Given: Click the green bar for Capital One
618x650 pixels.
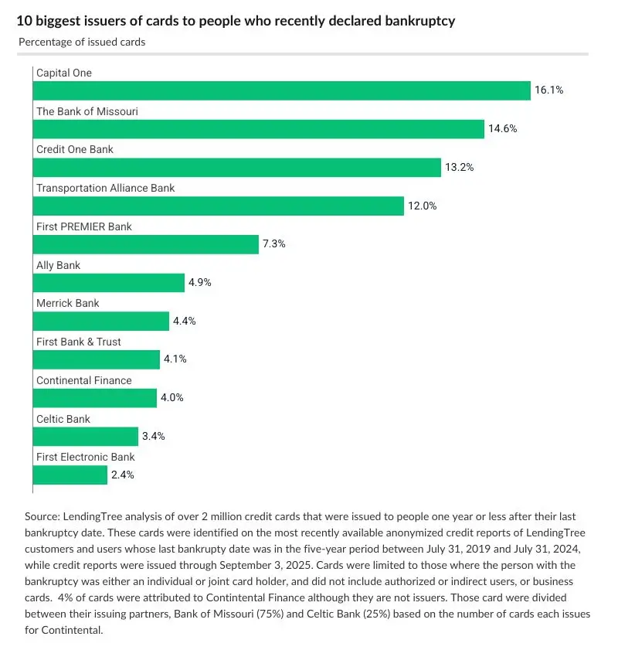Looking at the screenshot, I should click(281, 90).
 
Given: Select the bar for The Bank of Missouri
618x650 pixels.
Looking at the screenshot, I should click(258, 129).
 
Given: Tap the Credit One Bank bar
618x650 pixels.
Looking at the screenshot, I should click(236, 168).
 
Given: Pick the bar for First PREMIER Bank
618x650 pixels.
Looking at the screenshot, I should click(145, 244).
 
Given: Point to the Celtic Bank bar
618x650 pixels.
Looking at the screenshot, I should click(85, 437).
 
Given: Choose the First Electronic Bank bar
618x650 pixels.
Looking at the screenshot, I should click(70, 475).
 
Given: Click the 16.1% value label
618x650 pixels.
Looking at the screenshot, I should click(548, 90).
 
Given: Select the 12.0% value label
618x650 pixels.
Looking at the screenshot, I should click(422, 206).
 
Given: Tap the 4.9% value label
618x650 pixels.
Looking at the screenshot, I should click(199, 283).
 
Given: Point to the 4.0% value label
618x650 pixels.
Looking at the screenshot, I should click(171, 398).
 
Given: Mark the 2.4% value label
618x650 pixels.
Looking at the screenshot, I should click(122, 475).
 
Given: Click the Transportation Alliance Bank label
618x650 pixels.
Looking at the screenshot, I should click(106, 188).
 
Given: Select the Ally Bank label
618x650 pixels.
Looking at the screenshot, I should click(59, 265).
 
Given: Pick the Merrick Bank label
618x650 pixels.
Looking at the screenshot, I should click(68, 304).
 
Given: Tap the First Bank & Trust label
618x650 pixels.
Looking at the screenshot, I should click(79, 342).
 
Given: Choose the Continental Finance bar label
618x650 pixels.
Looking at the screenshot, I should click(84, 380).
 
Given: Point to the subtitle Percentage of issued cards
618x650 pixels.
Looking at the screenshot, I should click(82, 42).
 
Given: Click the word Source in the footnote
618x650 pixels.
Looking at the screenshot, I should click(41, 516).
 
